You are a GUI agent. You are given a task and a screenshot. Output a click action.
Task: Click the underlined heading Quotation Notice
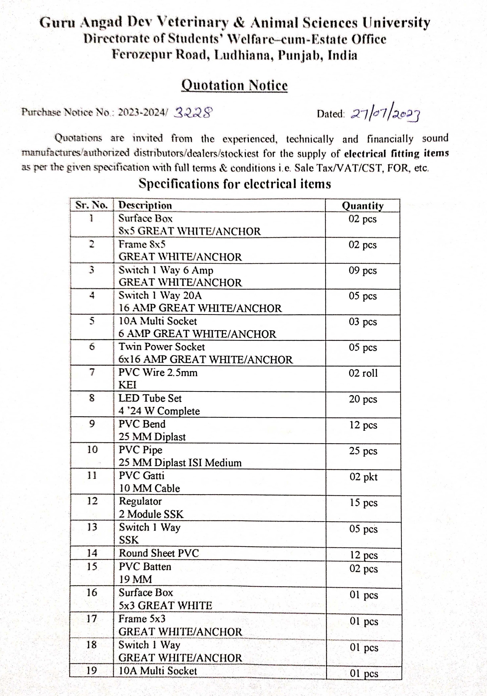click(234, 85)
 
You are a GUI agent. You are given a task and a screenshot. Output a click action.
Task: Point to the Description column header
click(145, 205)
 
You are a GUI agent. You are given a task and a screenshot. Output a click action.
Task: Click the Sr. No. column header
click(92, 205)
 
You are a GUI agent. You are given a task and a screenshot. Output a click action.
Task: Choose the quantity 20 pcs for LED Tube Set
click(363, 399)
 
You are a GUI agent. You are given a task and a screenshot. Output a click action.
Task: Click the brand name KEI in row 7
click(127, 385)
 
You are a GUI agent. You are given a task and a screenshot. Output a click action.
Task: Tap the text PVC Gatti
click(141, 475)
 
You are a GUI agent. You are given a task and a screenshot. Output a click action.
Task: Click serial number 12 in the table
click(92, 501)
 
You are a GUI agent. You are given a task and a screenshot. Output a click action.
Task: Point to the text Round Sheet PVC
click(159, 553)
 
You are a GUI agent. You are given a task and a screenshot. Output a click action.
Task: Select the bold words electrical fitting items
click(396, 153)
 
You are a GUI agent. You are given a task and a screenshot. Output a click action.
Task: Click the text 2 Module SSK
click(151, 514)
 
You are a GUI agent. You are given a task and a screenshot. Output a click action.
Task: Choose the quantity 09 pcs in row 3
click(363, 270)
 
